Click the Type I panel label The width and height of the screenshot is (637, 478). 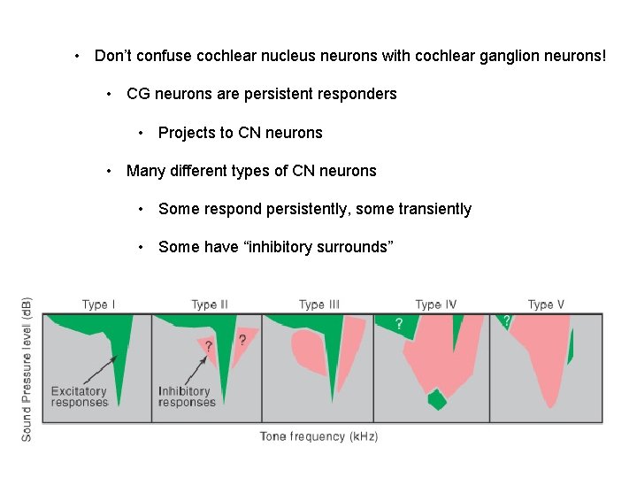[99, 305]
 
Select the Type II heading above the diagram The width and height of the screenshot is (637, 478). [210, 305]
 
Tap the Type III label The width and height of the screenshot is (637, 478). [318, 305]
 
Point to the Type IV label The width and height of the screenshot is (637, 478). [436, 305]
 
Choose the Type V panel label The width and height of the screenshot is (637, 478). [546, 305]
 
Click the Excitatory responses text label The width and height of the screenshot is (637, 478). [79, 397]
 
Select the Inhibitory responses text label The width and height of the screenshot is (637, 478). [187, 397]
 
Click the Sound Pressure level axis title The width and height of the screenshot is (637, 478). [27, 368]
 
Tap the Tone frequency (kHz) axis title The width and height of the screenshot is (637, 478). [318, 436]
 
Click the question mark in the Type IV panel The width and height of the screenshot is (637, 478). [399, 323]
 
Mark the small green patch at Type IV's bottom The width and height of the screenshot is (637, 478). [436, 399]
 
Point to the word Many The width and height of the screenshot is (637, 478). [145, 171]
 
